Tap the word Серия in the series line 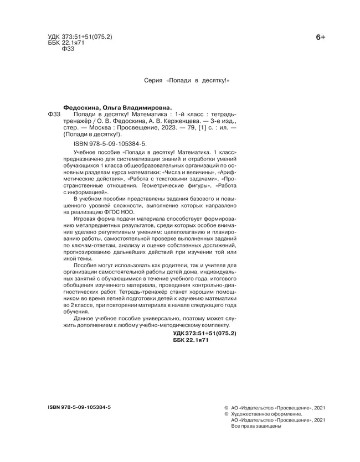tap(153, 80)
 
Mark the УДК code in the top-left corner tap(77, 37)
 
